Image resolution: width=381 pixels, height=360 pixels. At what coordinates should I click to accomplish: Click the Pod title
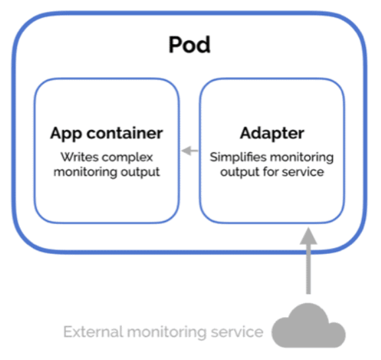[189, 45]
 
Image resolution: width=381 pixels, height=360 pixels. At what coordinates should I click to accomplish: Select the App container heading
[106, 133]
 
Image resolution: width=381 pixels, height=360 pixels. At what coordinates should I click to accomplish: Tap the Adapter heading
[272, 133]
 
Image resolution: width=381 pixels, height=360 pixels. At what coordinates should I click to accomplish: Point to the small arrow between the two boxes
[190, 151]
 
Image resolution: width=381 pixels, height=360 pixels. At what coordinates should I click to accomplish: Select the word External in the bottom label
[90, 331]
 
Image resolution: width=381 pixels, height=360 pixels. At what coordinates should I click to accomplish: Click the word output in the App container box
[145, 173]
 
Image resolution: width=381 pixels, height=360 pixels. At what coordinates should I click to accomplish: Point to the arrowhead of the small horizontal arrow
[185, 151]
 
